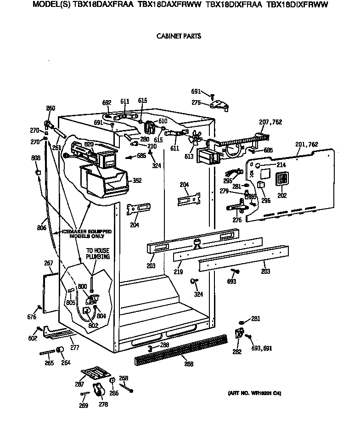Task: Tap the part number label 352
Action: tap(136, 181)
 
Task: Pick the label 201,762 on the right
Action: tap(307, 144)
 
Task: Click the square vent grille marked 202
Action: tap(281, 180)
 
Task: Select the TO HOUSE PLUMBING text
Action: tap(98, 254)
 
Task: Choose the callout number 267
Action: tap(49, 263)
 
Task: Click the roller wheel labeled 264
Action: tap(59, 352)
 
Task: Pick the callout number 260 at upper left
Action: tap(51, 108)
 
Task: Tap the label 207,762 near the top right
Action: tap(270, 122)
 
